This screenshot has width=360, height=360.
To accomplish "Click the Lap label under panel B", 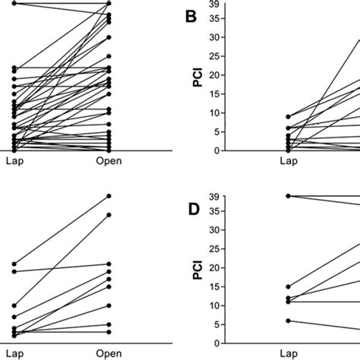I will [287, 161].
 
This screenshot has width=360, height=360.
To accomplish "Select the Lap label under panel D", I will [287, 353].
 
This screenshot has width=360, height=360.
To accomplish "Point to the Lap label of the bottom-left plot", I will [14, 353].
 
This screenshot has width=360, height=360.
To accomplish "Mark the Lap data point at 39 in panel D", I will [288, 196].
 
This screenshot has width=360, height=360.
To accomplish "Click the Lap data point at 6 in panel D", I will [288, 321].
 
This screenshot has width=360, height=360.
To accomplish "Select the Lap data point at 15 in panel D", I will [288, 286].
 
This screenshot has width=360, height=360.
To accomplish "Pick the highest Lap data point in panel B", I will [288, 116].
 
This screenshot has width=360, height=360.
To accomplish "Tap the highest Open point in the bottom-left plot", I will [109, 196].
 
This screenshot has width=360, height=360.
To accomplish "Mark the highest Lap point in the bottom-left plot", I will [14, 264].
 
